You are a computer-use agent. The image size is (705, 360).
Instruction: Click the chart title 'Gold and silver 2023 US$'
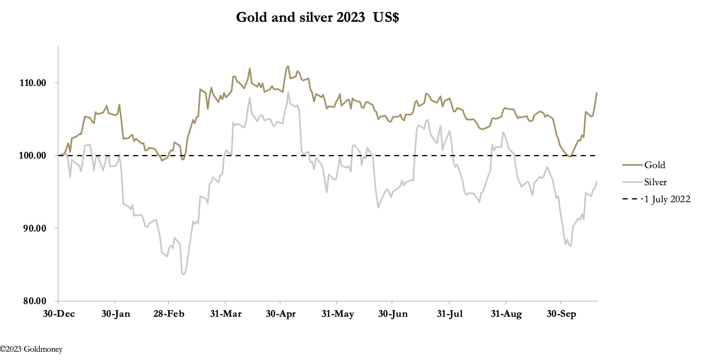coord(317,17)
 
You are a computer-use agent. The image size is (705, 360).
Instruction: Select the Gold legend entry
coord(654,165)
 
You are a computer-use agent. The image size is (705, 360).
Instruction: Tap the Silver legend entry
coord(655,182)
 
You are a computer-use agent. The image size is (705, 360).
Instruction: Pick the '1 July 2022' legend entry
coord(667,199)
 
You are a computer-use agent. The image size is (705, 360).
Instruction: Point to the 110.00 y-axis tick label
coord(33,83)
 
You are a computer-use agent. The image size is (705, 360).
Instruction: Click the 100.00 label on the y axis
coord(33,155)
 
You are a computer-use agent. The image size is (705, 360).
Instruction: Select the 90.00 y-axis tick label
coord(33,228)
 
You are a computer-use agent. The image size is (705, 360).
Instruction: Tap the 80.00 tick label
coord(33,301)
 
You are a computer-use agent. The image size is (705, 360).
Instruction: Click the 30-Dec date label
coord(59,314)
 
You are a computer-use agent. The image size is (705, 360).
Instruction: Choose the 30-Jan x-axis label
coord(115,314)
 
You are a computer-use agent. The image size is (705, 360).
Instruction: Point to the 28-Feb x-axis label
coord(169,314)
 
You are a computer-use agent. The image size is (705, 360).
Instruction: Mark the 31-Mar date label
coord(226,314)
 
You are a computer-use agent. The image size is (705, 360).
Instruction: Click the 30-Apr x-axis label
coord(280,314)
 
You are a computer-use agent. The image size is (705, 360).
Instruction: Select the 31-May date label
coord(337,314)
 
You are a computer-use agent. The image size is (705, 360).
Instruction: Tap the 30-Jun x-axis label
coord(393,314)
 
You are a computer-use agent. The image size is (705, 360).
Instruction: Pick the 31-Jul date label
coord(450,314)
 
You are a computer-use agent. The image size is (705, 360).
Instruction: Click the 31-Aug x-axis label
coord(506,314)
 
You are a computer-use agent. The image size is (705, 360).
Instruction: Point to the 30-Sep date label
coord(561,314)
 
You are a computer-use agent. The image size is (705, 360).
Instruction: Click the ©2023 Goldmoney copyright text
coord(31,349)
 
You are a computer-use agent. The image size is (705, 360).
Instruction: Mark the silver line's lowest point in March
coord(183,274)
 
